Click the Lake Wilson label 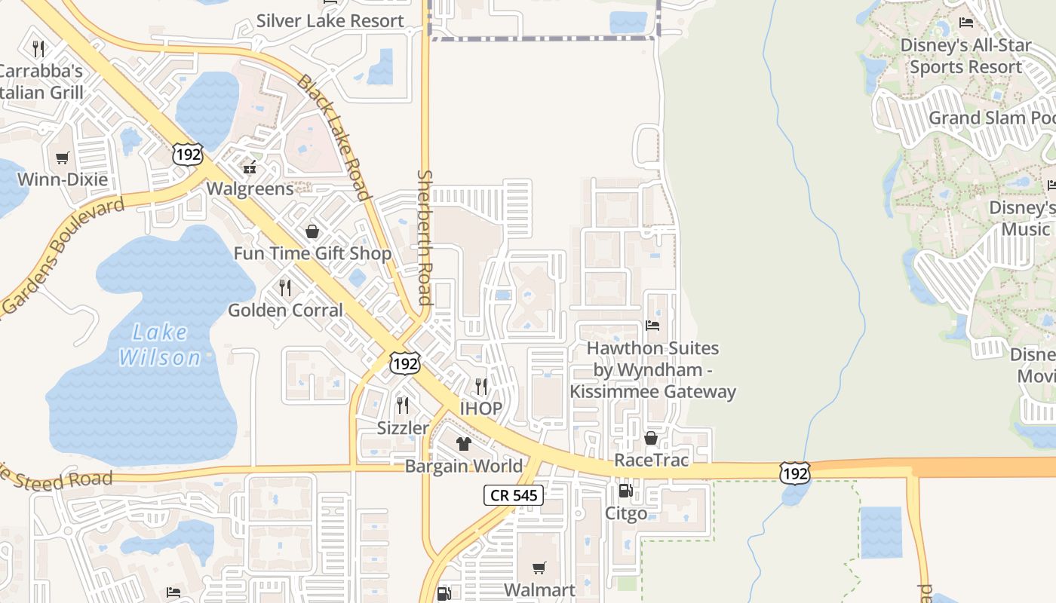pos(159,344)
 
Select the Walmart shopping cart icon pos(539,568)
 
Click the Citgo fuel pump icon pos(625,491)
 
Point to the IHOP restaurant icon pos(480,387)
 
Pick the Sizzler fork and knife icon pos(403,406)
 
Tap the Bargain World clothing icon pos(463,443)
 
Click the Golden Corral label pos(285,310)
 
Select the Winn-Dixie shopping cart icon pos(63,158)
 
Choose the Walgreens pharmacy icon pos(250,167)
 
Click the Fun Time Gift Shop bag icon pos(312,231)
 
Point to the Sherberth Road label pos(425,237)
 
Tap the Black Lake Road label pos(333,137)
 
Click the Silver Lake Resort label pos(330,20)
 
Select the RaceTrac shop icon pos(651,438)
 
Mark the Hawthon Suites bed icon pos(652,326)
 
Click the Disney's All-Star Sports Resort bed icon pos(966,23)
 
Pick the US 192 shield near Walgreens pos(187,155)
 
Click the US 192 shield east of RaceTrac pos(794,473)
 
